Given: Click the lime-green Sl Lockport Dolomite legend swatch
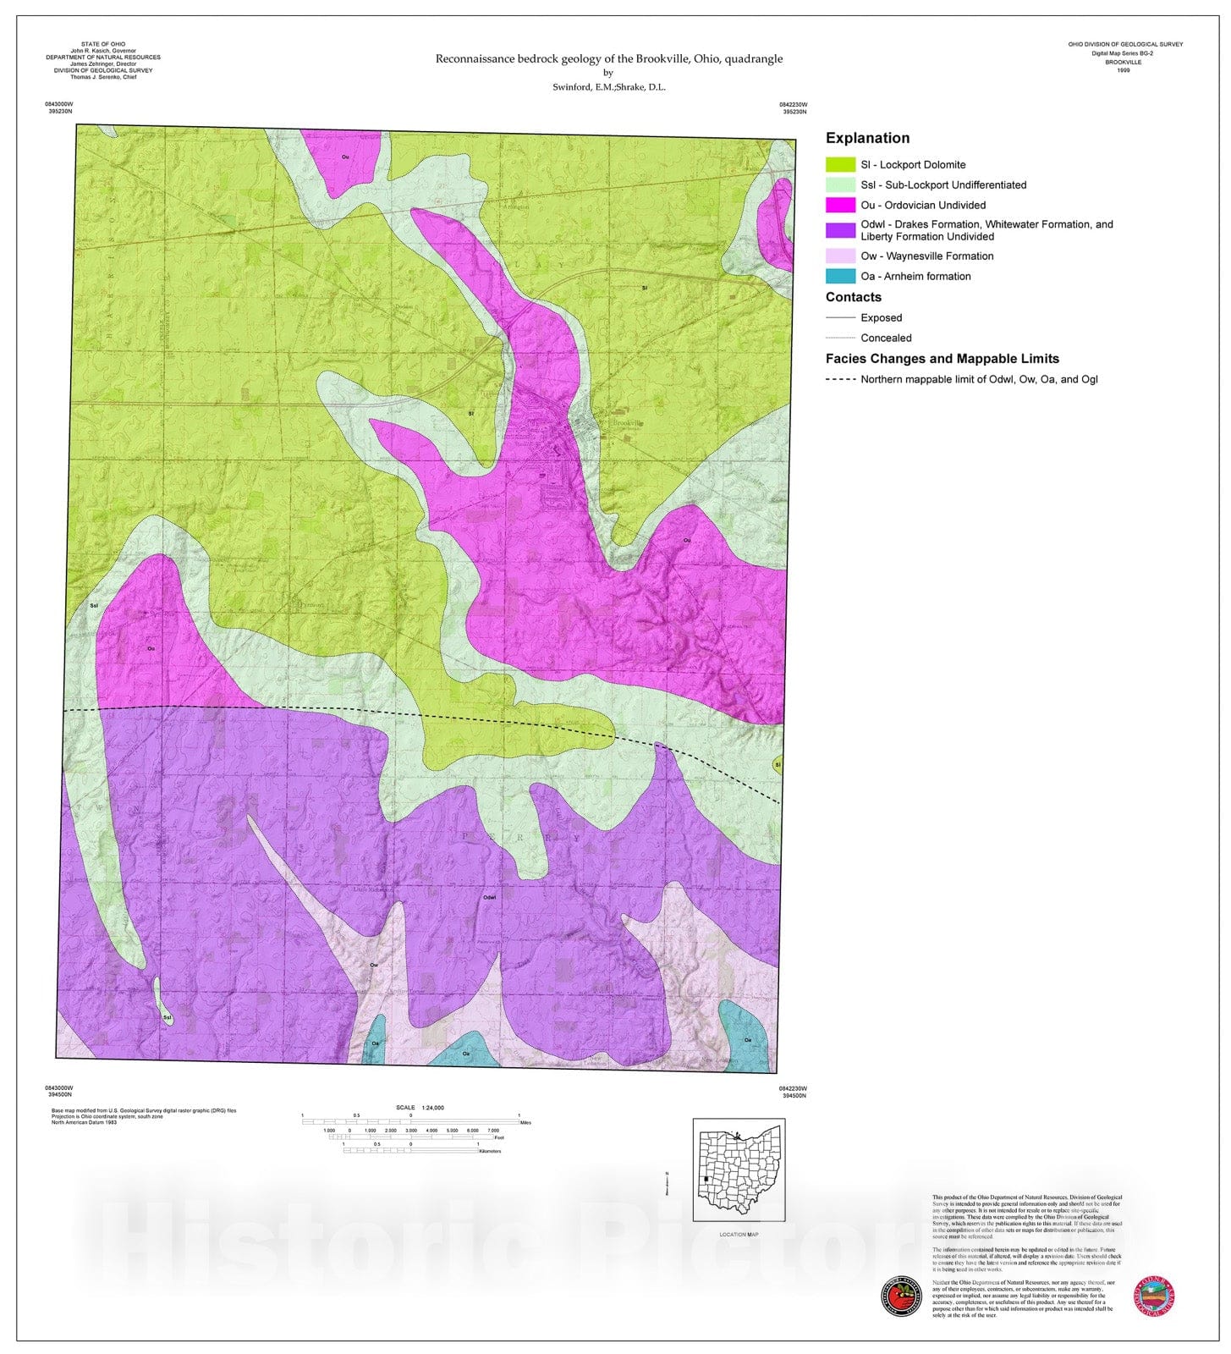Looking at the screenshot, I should click(x=840, y=165).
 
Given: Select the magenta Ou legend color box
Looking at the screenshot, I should click(x=840, y=205).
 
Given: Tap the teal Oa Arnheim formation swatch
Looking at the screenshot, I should click(x=840, y=276).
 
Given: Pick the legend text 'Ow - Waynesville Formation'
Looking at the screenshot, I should click(x=926, y=256).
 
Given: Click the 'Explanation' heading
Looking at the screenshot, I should click(x=867, y=138).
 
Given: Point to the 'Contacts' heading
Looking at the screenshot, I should click(x=853, y=297).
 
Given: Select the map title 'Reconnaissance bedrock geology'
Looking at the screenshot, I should click(x=608, y=58).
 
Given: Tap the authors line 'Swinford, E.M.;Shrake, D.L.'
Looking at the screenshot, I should click(x=608, y=86).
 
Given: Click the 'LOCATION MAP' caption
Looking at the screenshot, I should click(x=739, y=1235).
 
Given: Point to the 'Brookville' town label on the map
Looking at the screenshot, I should click(x=628, y=423).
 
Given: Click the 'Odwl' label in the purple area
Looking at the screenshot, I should click(x=489, y=897).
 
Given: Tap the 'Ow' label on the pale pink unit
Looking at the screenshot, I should click(x=373, y=965).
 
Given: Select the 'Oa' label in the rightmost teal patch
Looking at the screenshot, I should click(x=747, y=1039).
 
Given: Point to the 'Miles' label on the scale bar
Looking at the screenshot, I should click(x=525, y=1123).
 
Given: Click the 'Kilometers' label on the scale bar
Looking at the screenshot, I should click(x=490, y=1151).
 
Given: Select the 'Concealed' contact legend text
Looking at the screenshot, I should click(x=886, y=338).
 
